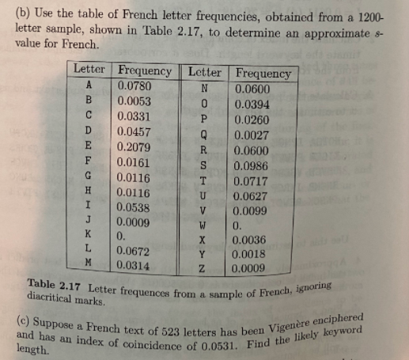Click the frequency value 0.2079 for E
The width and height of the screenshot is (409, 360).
tap(135, 146)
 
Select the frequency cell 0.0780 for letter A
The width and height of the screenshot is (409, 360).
tap(134, 85)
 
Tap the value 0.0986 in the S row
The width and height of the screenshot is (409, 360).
tap(253, 167)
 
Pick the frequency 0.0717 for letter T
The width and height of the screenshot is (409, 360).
tap(253, 182)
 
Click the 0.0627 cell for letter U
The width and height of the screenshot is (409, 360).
tap(253, 197)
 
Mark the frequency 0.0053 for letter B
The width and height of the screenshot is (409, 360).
tap(134, 101)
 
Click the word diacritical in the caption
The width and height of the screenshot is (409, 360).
tap(55, 300)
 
